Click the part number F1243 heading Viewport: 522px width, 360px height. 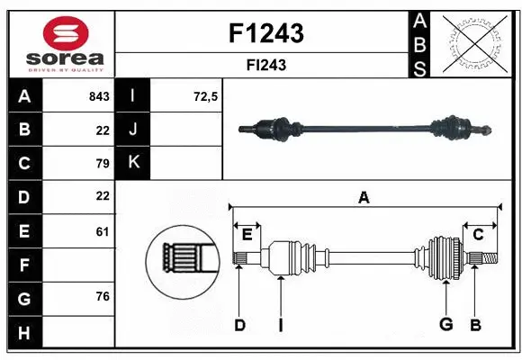pyautogui.click(x=267, y=33)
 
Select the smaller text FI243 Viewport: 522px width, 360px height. pyautogui.click(x=267, y=65)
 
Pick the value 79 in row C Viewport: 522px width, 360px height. pyautogui.click(x=102, y=163)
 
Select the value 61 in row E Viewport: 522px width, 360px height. pyautogui.click(x=102, y=231)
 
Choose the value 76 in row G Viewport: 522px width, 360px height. pyautogui.click(x=102, y=296)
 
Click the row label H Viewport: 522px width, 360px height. pyautogui.click(x=23, y=334)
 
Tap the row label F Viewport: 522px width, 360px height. pyautogui.click(x=23, y=265)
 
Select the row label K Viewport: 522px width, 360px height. pyautogui.click(x=133, y=163)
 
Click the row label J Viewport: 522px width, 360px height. pyautogui.click(x=133, y=130)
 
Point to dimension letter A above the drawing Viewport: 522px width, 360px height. pyautogui.click(x=364, y=198)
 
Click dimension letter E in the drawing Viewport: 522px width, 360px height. pyautogui.click(x=247, y=235)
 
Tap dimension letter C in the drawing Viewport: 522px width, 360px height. pyautogui.click(x=478, y=235)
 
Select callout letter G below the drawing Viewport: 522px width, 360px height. pyautogui.click(x=445, y=324)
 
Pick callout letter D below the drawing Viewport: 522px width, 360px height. pyautogui.click(x=239, y=325)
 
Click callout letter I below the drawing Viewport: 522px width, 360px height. pyautogui.click(x=281, y=325)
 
